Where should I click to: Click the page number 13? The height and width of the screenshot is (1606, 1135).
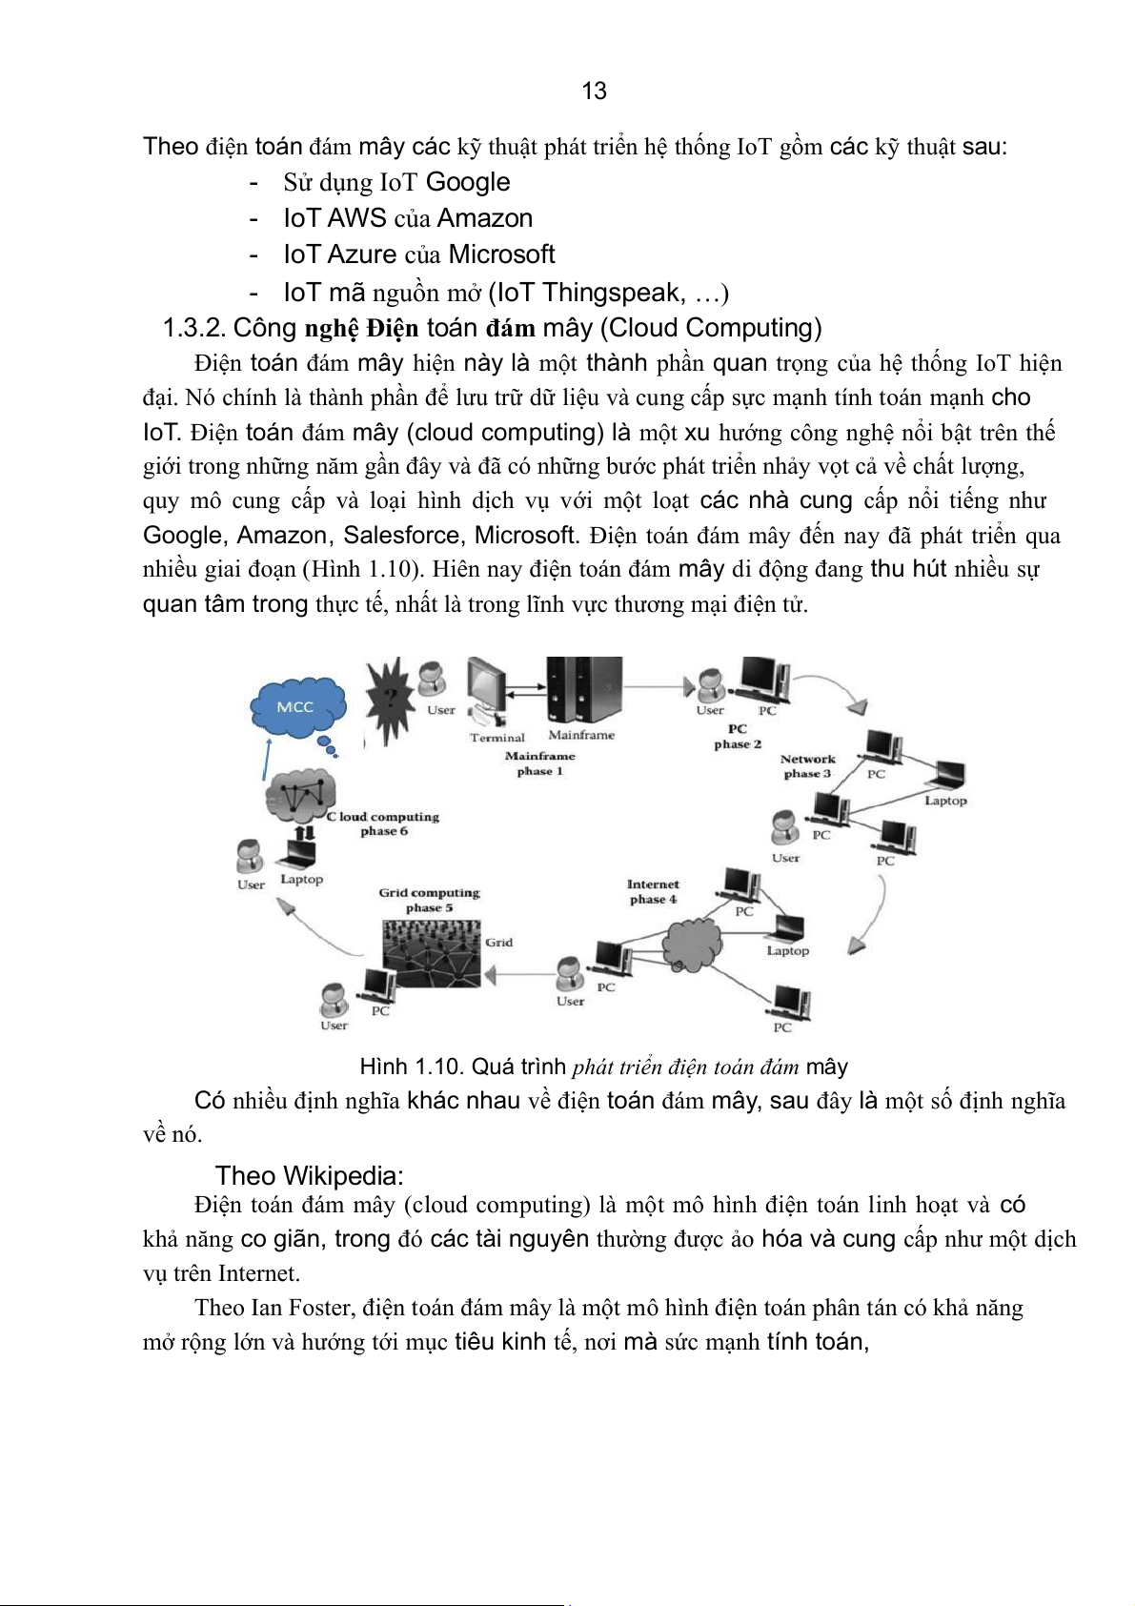pyautogui.click(x=594, y=91)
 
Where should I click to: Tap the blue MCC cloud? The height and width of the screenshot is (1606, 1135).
pyautogui.click(x=297, y=707)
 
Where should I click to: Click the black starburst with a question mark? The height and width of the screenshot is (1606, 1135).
pyautogui.click(x=388, y=699)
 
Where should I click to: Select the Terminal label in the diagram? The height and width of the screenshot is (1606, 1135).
pyautogui.click(x=497, y=737)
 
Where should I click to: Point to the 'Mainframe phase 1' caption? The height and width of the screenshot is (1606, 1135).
pyautogui.click(x=539, y=763)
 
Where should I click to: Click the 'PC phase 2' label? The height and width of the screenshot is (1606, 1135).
pyautogui.click(x=738, y=737)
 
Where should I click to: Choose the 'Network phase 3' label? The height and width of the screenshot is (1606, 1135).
pyautogui.click(x=807, y=766)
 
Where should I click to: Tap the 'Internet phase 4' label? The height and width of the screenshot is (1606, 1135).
pyautogui.click(x=653, y=892)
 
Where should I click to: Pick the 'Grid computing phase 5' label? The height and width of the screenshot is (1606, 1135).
pyautogui.click(x=429, y=900)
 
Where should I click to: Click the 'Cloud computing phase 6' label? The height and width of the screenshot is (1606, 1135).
pyautogui.click(x=384, y=823)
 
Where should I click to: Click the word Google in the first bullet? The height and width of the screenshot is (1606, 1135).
pyautogui.click(x=468, y=182)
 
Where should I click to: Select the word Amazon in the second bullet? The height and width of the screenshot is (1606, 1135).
pyautogui.click(x=485, y=218)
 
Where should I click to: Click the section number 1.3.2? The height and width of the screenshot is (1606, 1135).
pyautogui.click(x=194, y=328)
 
